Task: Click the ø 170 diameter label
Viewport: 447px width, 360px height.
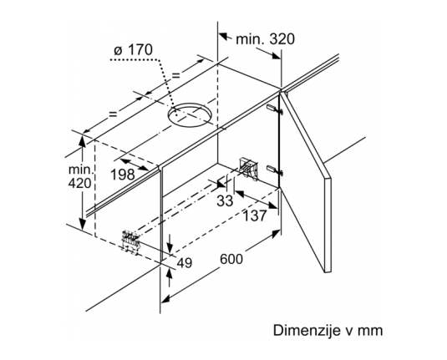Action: point(133,50)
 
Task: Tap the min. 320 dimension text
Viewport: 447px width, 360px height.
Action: point(265,39)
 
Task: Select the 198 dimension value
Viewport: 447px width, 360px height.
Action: point(123,175)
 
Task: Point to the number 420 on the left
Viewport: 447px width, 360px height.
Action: point(80,183)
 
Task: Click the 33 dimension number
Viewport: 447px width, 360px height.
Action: point(225,200)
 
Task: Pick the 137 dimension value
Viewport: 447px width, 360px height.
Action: point(255,215)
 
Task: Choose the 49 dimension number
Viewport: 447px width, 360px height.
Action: point(185,263)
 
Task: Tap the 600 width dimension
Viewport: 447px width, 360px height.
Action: point(231,259)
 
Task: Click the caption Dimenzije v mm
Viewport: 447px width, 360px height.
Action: point(328,331)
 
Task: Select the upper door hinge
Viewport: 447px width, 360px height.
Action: point(275,109)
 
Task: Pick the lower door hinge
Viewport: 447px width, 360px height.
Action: point(275,170)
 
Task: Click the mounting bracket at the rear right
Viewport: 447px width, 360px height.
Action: point(249,169)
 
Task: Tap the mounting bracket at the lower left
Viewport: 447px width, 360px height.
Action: point(130,239)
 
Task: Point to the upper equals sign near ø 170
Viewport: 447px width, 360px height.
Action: point(176,75)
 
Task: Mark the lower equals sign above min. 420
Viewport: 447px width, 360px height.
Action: point(113,114)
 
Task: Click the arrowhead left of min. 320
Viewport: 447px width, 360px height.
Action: point(224,37)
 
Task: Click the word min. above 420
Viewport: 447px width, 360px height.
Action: point(81,170)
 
